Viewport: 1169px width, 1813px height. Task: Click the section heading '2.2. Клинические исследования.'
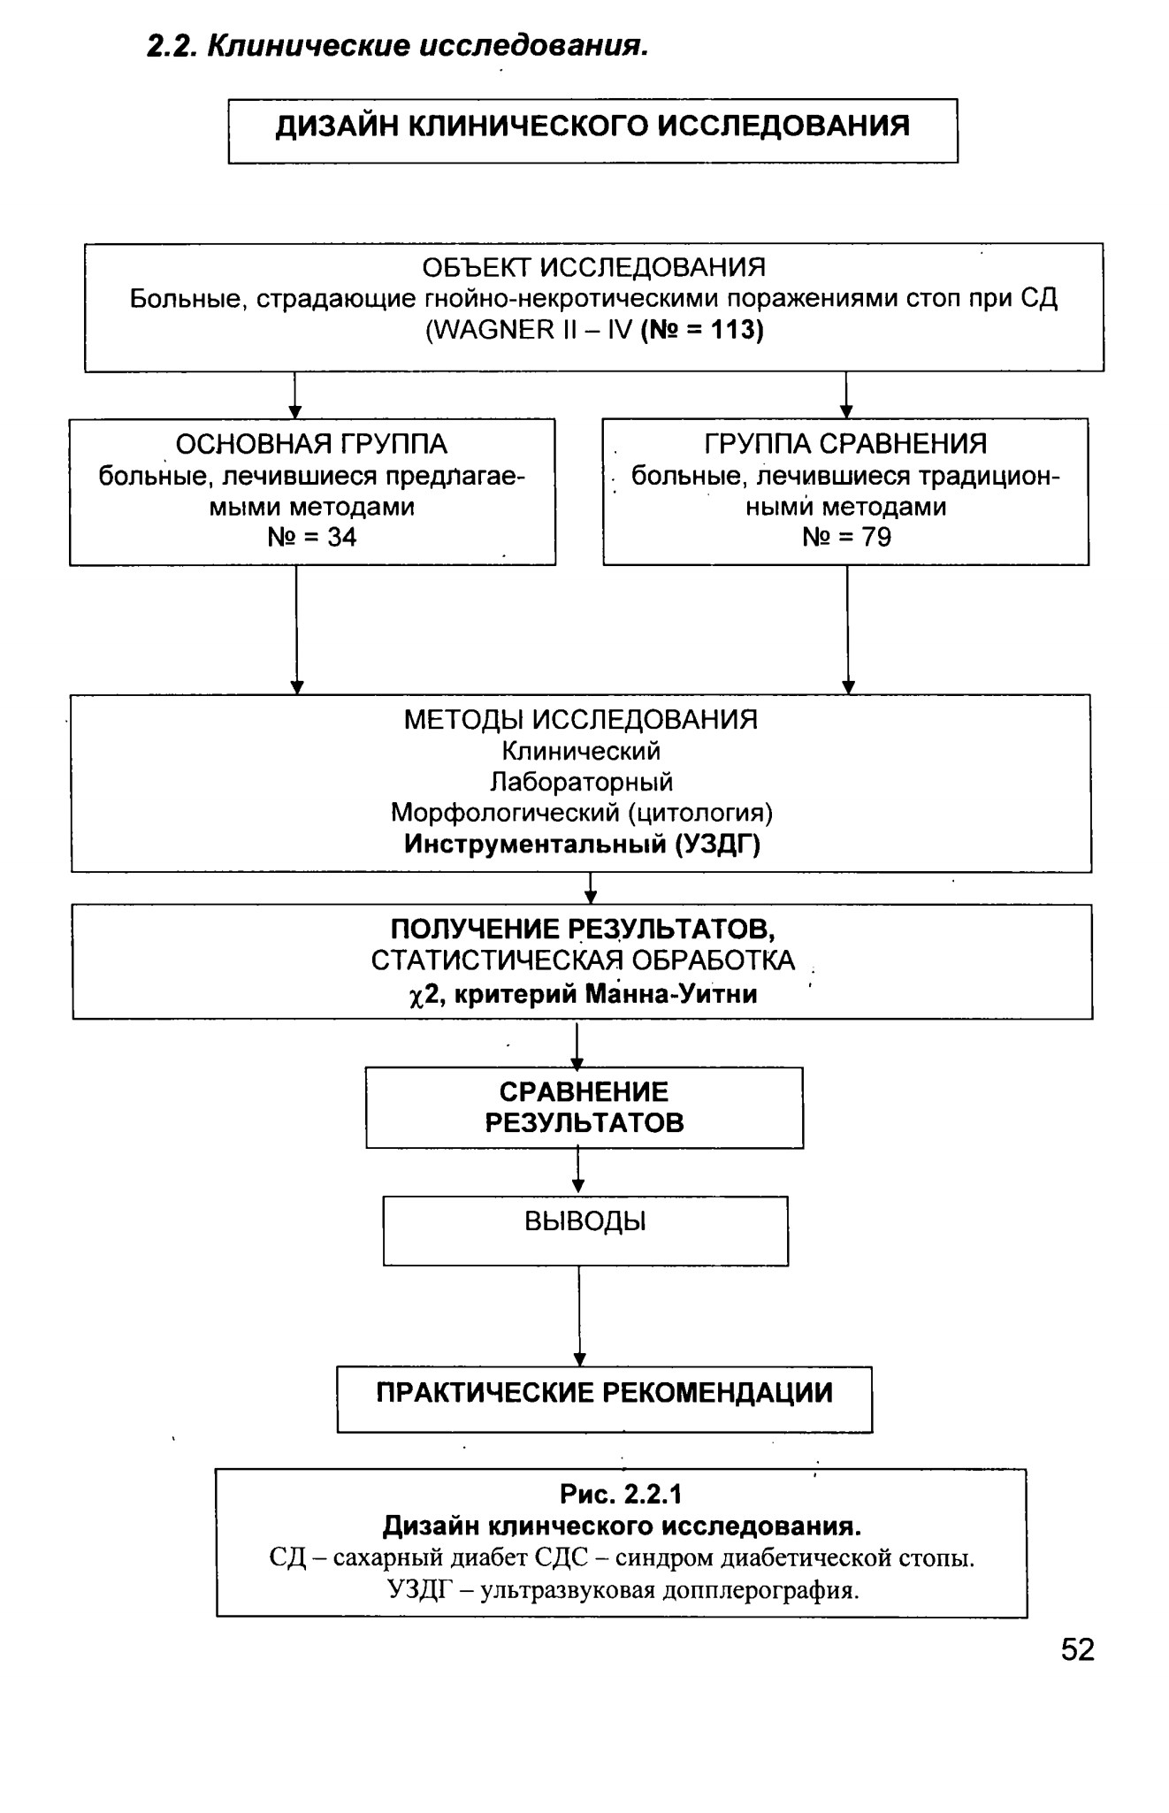[x=398, y=46]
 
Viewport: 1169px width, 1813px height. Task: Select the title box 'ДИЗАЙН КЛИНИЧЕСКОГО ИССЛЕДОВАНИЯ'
[x=592, y=130]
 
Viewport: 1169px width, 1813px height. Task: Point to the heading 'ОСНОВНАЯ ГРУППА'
[x=311, y=444]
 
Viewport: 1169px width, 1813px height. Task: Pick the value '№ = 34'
[x=312, y=537]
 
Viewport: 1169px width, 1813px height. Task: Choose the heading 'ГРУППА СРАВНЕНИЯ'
[x=845, y=443]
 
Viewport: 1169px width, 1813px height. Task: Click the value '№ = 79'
[x=847, y=537]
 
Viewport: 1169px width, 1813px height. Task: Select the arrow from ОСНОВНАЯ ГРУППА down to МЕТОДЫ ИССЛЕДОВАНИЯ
[x=297, y=630]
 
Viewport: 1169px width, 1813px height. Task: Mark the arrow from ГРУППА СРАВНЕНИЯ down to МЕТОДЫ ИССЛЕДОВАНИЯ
[x=848, y=630]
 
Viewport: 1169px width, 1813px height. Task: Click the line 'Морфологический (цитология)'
[x=582, y=813]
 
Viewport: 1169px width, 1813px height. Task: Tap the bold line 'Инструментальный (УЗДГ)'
[x=582, y=845]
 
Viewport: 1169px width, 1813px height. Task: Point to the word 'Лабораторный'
[x=582, y=782]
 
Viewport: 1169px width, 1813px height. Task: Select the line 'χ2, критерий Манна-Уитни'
[x=584, y=995]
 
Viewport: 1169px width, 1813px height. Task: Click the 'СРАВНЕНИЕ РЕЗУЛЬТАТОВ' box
[x=584, y=1107]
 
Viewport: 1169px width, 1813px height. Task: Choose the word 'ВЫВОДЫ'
[x=585, y=1221]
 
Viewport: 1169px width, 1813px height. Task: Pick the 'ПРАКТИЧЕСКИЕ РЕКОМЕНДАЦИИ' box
[x=605, y=1399]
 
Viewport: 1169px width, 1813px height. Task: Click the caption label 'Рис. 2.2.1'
[x=621, y=1495]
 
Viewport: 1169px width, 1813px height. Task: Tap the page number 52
[x=1078, y=1650]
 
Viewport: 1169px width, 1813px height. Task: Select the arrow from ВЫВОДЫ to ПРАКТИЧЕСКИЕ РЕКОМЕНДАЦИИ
[x=579, y=1316]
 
